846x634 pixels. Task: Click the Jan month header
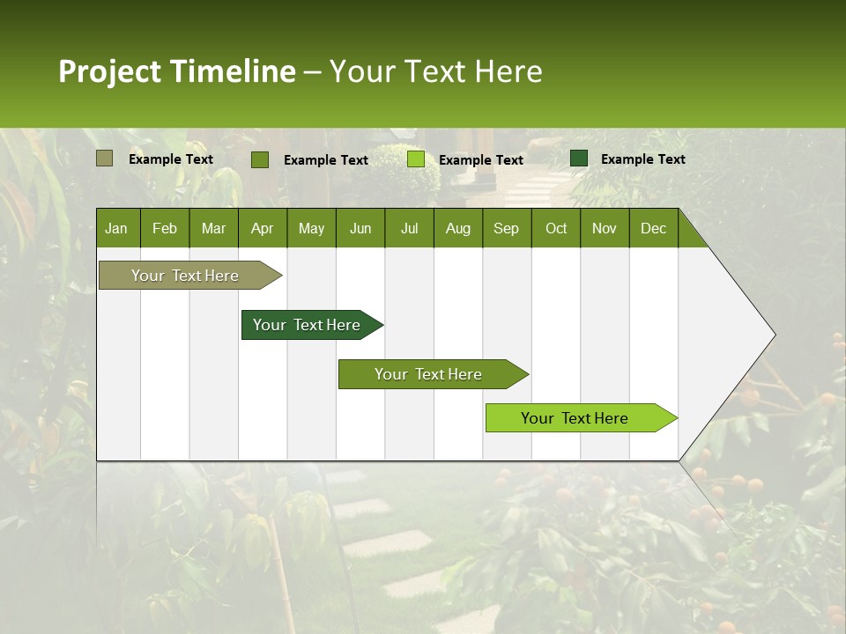click(116, 228)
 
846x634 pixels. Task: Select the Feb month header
click(165, 228)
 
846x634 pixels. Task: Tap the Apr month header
click(263, 228)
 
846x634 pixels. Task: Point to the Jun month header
click(360, 228)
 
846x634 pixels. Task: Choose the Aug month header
click(458, 228)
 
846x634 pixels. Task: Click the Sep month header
click(507, 228)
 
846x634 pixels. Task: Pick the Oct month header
click(556, 228)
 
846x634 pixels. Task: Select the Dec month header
click(654, 228)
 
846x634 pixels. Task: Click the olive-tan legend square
click(104, 158)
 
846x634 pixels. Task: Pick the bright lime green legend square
click(416, 159)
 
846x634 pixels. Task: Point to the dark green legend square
click(579, 158)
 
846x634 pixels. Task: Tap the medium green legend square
click(260, 159)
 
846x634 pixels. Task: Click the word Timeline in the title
click(233, 71)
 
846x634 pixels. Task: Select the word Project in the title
click(110, 71)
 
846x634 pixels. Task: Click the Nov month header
click(605, 228)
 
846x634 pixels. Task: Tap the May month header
click(311, 228)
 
